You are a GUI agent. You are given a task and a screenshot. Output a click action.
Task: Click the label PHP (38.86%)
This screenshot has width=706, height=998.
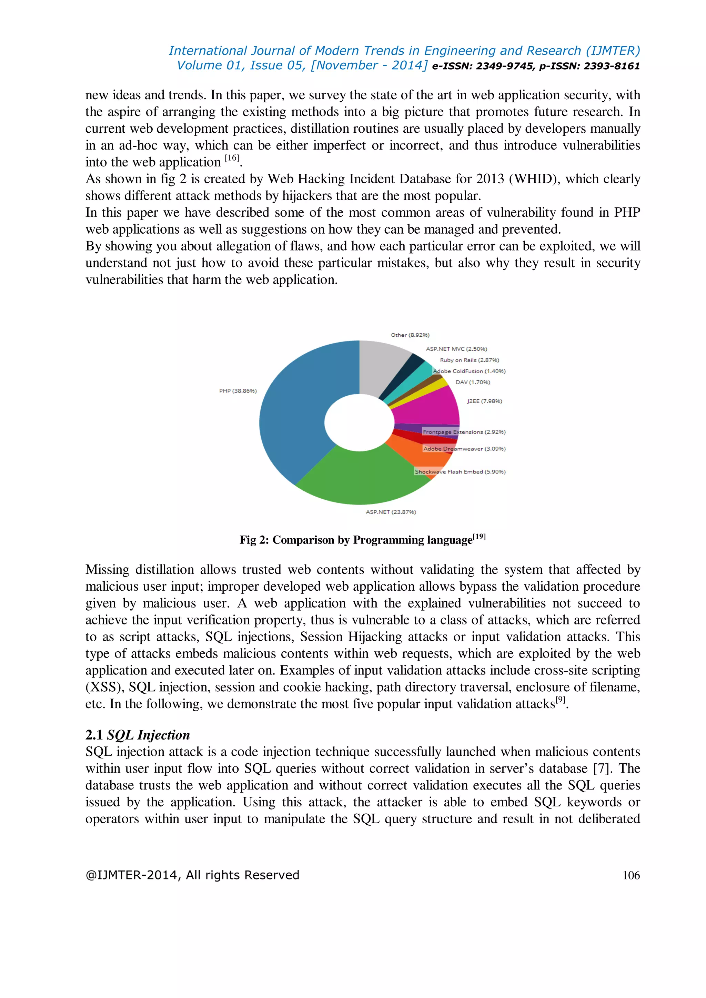pyautogui.click(x=238, y=391)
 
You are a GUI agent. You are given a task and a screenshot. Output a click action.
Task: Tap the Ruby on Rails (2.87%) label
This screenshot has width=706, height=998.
pyautogui.click(x=469, y=360)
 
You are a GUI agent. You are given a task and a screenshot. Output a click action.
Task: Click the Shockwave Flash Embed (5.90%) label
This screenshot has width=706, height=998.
pyautogui.click(x=460, y=472)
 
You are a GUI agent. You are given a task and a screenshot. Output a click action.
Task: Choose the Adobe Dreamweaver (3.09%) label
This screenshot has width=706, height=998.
pyautogui.click(x=464, y=449)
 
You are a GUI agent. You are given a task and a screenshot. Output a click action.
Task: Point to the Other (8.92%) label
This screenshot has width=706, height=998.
pyautogui.click(x=410, y=335)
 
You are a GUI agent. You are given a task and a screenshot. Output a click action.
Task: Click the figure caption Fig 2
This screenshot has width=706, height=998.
pyautogui.click(x=362, y=540)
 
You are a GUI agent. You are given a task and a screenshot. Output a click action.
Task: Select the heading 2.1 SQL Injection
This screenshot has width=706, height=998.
pyautogui.click(x=138, y=735)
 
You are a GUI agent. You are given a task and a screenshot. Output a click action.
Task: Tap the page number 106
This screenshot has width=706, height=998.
pyautogui.click(x=631, y=875)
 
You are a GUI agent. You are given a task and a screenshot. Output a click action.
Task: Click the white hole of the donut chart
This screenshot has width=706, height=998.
pyautogui.click(x=359, y=422)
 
